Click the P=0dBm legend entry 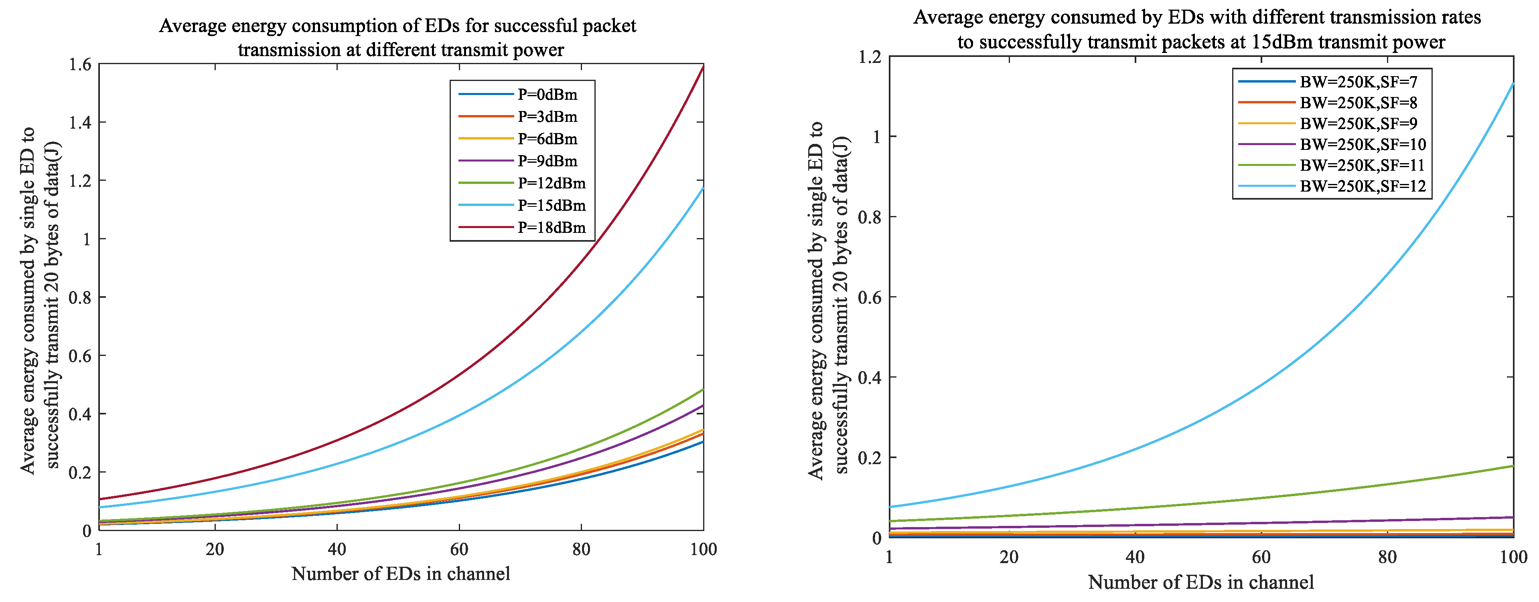pos(518,94)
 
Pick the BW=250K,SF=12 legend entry pos(1332,186)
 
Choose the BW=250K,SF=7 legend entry pos(1328,82)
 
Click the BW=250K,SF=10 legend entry pos(1332,145)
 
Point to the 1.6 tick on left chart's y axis pos(80,65)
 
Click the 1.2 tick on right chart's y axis pos(870,57)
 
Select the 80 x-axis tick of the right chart pos(1387,557)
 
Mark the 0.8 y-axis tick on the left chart pos(80,297)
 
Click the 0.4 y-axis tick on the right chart pos(870,378)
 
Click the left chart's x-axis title pos(401,574)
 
